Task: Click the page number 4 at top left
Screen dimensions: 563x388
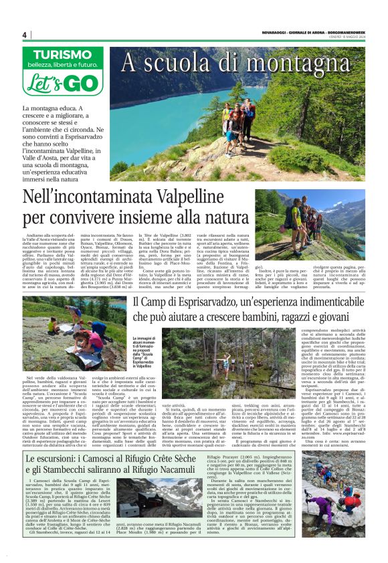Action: [x=25, y=35]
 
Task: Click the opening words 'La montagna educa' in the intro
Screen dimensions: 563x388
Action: [x=48, y=109]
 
